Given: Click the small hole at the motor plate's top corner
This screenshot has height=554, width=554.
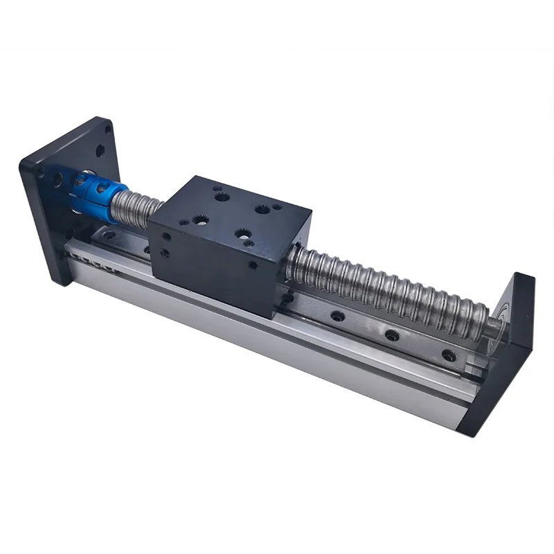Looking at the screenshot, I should [x=108, y=129].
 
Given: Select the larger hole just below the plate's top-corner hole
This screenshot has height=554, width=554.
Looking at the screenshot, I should [x=100, y=150].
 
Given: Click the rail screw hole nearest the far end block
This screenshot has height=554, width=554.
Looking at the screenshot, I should [x=448, y=356].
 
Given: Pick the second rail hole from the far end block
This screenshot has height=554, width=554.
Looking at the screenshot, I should [x=392, y=335].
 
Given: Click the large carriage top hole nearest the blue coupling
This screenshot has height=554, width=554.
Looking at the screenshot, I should [x=200, y=220].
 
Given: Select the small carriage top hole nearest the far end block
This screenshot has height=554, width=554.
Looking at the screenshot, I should [x=277, y=206].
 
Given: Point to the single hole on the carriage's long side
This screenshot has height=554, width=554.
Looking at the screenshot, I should [x=252, y=265].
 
